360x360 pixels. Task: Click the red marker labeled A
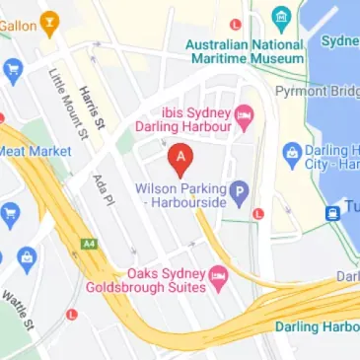click(180, 157)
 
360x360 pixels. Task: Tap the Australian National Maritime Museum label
click(245, 51)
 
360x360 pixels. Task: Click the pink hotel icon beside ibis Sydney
click(244, 120)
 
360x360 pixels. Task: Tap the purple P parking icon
click(238, 191)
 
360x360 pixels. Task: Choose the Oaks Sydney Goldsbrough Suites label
click(165, 279)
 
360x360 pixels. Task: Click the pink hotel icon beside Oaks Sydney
click(221, 273)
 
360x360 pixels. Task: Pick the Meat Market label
click(36, 151)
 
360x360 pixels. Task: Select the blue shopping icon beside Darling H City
click(291, 154)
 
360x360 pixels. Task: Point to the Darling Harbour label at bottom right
click(317, 327)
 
